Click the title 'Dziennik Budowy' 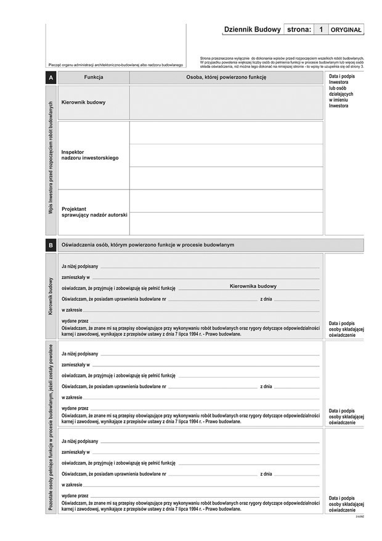(x=252, y=30)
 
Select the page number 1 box (x=320, y=30)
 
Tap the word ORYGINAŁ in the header (x=347, y=30)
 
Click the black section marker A (x=51, y=78)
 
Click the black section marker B (x=51, y=245)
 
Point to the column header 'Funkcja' (x=94, y=78)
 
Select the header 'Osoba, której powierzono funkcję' (x=226, y=78)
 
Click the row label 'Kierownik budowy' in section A (x=83, y=102)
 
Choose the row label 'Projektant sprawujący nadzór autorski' (x=94, y=212)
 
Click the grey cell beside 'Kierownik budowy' (x=226, y=102)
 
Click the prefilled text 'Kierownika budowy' (x=253, y=286)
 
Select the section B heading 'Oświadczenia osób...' (x=148, y=245)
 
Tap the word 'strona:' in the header (x=299, y=30)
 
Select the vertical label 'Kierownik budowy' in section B (x=51, y=296)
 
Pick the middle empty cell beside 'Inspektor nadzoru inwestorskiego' (x=226, y=155)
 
